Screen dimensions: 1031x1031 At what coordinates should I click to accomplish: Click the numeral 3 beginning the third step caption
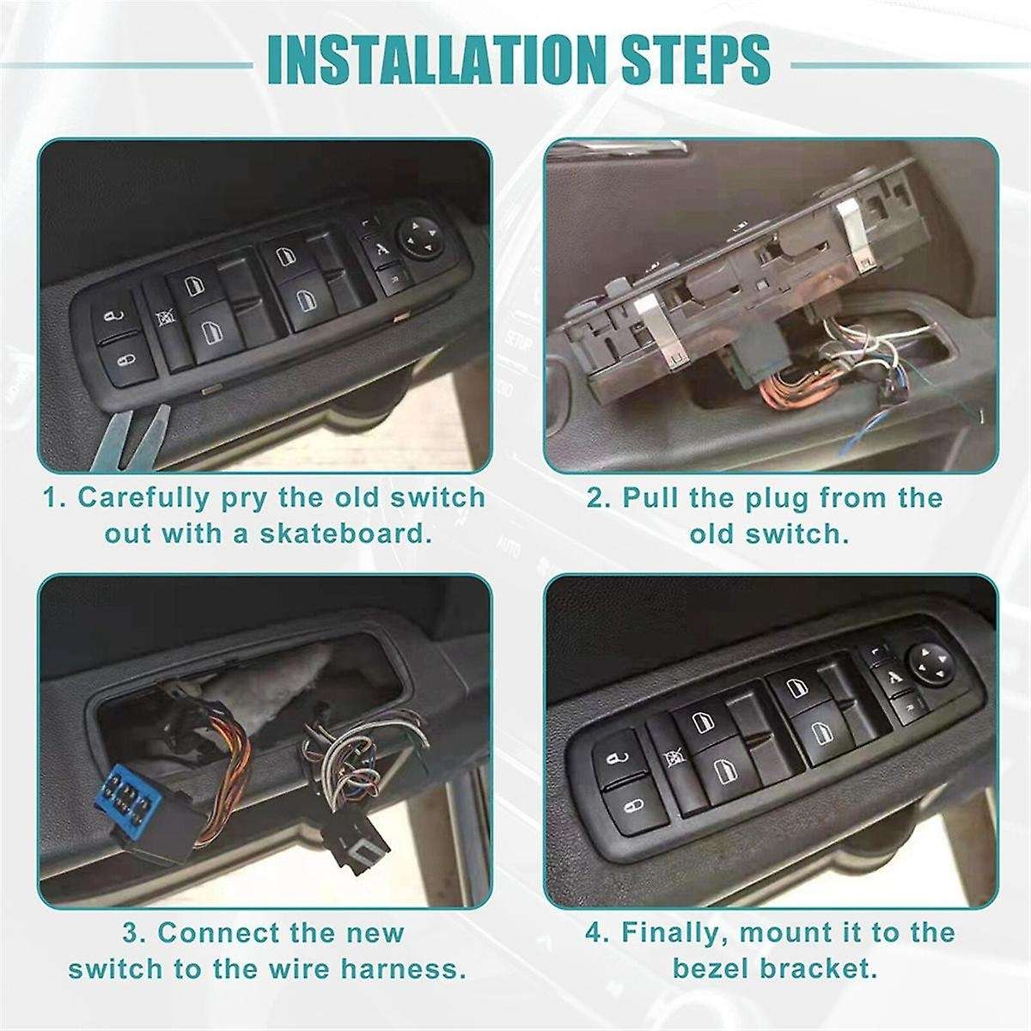[126, 933]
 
